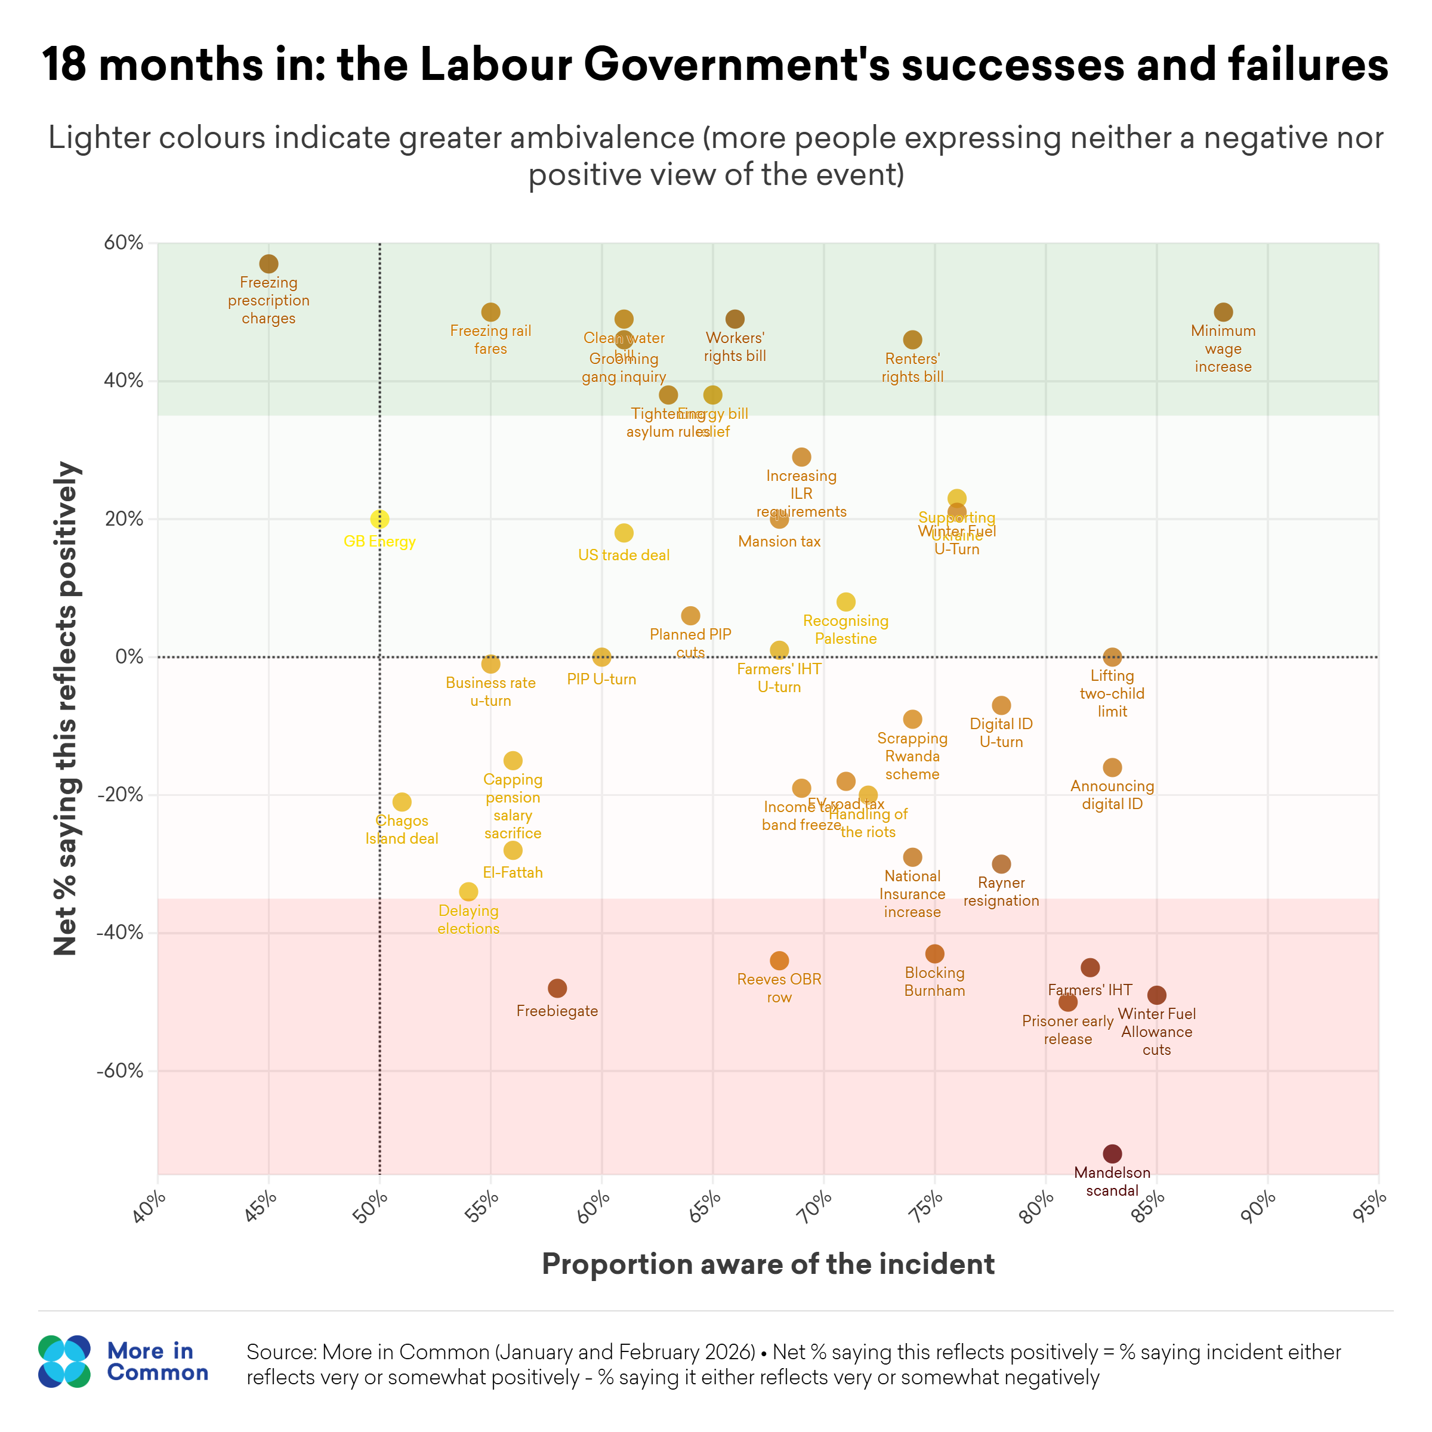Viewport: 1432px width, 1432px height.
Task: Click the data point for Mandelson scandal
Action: [x=1112, y=1154]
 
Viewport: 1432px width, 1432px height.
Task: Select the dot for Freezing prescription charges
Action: [x=268, y=264]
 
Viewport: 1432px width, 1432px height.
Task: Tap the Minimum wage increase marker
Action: [x=1223, y=312]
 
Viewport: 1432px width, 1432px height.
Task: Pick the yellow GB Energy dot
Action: [x=379, y=519]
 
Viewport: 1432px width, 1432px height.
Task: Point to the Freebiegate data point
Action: [x=557, y=988]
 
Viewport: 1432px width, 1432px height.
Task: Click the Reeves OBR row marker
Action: [x=779, y=961]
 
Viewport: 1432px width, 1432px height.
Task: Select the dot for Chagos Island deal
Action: [x=402, y=802]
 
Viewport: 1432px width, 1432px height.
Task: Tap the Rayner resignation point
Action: [x=1001, y=864]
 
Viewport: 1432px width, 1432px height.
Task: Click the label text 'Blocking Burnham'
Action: [x=934, y=982]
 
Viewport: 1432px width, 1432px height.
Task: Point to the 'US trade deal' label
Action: [x=624, y=555]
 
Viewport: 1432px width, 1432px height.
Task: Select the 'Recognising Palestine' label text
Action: [x=845, y=630]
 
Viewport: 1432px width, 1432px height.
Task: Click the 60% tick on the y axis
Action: [x=124, y=243]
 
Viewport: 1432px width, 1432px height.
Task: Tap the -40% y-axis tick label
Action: [x=120, y=933]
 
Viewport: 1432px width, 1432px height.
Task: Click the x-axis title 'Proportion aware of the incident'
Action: [x=768, y=1264]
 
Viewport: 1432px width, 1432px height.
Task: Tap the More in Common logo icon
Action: [x=64, y=1362]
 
